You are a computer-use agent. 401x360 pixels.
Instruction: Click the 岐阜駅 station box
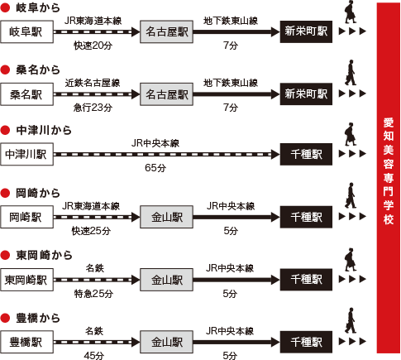coord(26,31)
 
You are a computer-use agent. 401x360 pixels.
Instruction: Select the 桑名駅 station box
coord(26,94)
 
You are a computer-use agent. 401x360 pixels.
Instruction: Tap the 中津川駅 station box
coord(26,154)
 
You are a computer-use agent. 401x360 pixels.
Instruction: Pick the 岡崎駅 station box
coord(26,217)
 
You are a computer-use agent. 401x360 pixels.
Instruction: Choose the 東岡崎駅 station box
coord(26,280)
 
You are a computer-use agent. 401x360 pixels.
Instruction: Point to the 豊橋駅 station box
coord(26,342)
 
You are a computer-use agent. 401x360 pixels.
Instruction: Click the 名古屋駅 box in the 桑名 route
coord(166,94)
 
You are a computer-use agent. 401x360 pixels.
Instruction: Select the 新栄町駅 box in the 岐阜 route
coord(306,31)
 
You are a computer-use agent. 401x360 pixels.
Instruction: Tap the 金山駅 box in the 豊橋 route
coord(166,342)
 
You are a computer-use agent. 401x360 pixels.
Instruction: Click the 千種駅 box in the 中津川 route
coord(306,154)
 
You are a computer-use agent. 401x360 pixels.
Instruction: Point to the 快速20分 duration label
coord(93,46)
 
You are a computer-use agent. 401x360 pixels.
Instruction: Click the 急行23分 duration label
coord(93,108)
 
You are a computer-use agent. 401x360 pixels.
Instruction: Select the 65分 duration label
coord(155,168)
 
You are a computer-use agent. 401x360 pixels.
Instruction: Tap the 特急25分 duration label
coord(93,294)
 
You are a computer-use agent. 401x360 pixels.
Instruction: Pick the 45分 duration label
coord(94,356)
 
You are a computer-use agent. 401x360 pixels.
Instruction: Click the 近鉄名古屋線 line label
coord(93,83)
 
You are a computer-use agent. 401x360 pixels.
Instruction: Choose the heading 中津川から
coord(44,130)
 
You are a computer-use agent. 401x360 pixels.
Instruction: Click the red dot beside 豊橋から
coord(5,318)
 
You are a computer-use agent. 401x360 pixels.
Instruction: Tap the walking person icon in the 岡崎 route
coord(351,195)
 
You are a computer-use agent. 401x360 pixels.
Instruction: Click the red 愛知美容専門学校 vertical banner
coord(389,178)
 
